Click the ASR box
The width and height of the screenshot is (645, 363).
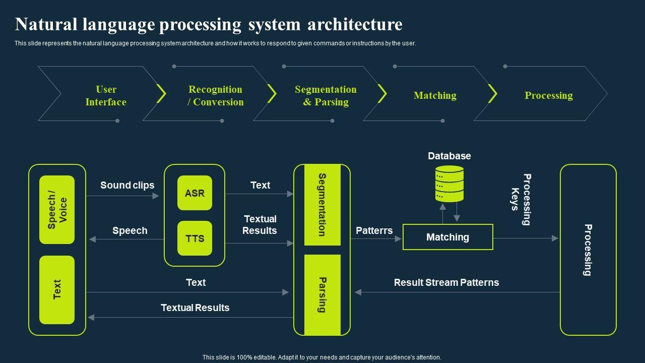[195, 193]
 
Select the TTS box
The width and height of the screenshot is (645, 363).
[195, 238]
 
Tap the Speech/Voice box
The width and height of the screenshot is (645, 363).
[57, 210]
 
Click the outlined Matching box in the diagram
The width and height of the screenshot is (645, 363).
[448, 237]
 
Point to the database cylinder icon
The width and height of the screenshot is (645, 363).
[449, 184]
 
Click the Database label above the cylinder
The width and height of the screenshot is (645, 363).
[449, 156]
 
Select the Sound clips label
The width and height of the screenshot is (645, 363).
[127, 185]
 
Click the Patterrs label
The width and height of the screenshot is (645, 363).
[374, 230]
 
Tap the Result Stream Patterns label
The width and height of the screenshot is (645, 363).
[446, 282]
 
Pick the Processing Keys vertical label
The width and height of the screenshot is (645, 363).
[521, 199]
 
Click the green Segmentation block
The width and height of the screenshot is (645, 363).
[322, 205]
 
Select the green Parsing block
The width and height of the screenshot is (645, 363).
[322, 295]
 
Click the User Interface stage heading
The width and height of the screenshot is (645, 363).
[106, 96]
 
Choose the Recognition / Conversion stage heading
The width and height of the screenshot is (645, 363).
[215, 96]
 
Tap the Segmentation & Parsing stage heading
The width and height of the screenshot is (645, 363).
[326, 96]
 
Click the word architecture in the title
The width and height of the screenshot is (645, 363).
[355, 24]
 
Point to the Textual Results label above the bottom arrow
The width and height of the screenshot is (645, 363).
[195, 308]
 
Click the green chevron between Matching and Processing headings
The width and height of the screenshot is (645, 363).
[492, 93]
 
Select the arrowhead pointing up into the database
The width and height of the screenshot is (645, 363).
[443, 207]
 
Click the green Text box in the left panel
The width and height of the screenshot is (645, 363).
[57, 290]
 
